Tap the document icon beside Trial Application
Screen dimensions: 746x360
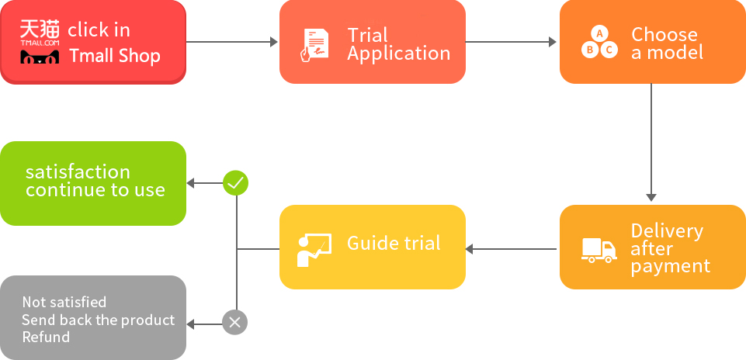point(314,45)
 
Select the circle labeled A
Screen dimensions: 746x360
point(599,34)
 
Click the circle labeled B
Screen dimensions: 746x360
point(590,50)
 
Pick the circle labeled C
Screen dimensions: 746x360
point(609,50)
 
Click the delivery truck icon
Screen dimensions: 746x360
point(599,250)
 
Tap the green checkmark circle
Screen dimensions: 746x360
point(235,183)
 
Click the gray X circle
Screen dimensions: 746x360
point(235,323)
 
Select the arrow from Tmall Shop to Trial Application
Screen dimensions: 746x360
point(231,42)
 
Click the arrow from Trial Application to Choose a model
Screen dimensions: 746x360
point(511,42)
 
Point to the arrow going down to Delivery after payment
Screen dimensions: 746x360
point(651,143)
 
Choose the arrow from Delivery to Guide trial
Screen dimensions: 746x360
point(511,249)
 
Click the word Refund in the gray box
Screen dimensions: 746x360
point(46,337)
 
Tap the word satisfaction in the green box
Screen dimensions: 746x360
point(78,171)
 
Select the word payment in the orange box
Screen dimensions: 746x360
point(671,267)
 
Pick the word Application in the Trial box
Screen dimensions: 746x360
point(399,54)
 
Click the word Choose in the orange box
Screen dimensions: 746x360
point(664,34)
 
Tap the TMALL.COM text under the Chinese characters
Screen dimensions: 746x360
point(40,43)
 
